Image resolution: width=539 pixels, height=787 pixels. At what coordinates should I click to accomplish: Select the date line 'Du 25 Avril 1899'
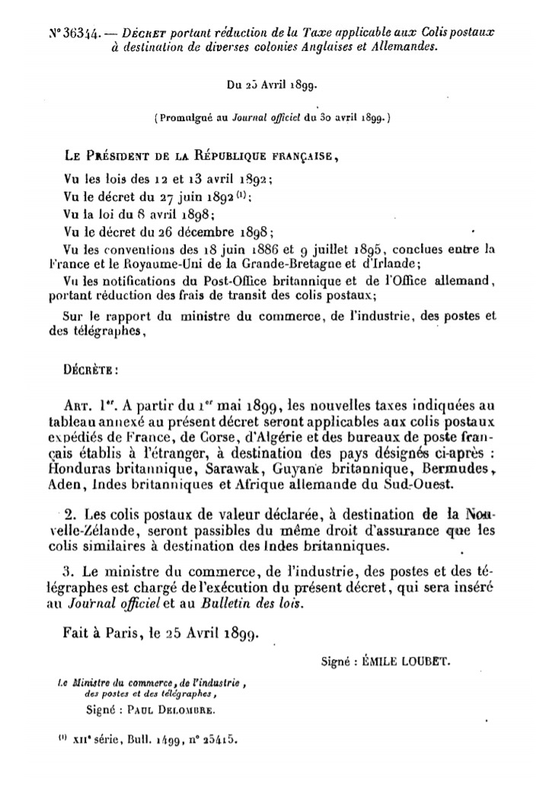(269, 85)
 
